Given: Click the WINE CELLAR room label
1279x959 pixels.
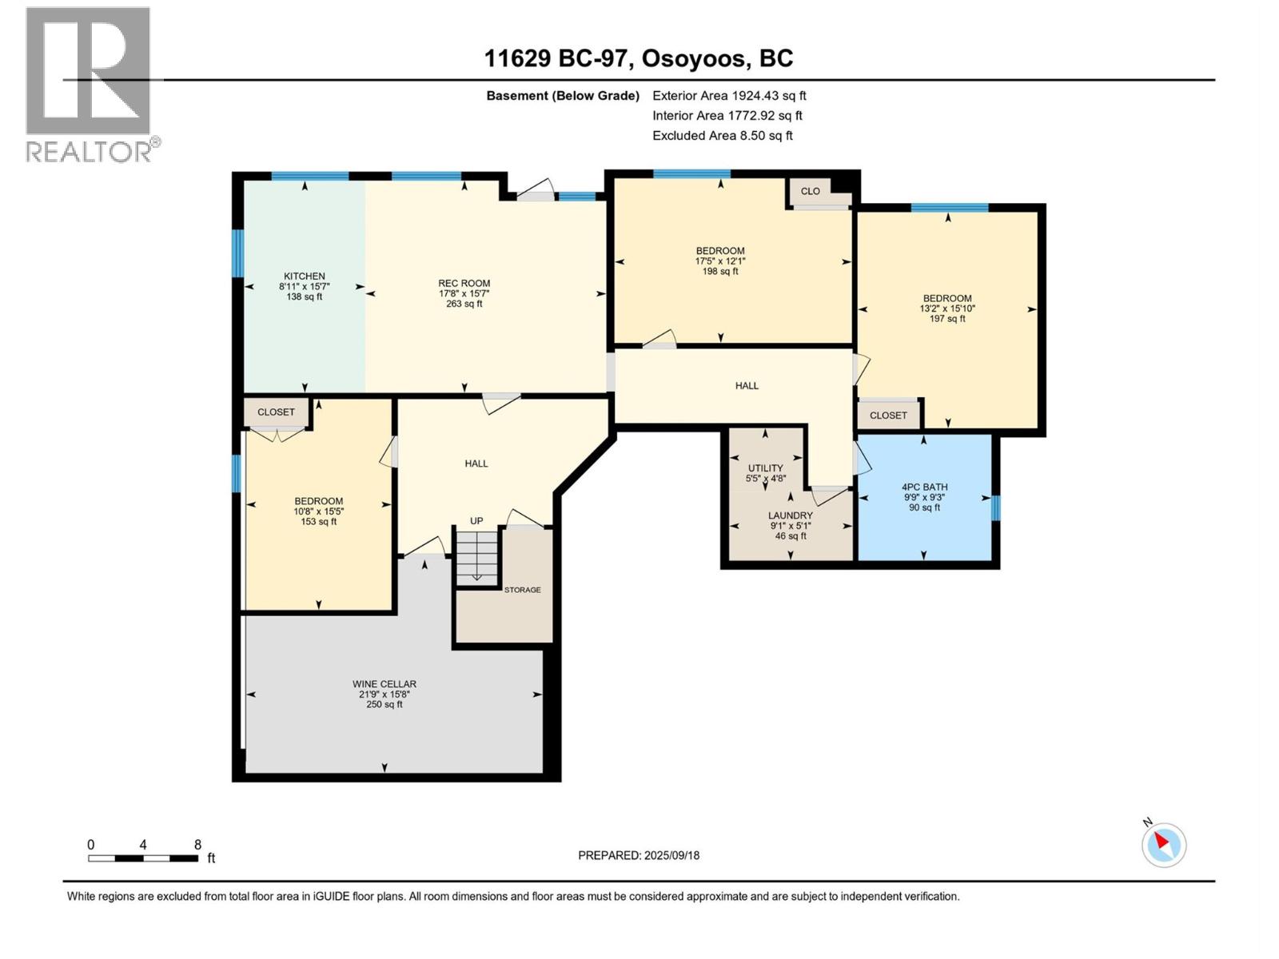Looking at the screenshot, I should (384, 684).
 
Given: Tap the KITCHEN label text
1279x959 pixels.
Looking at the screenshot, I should (304, 277).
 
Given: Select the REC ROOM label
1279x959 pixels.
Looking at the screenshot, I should (464, 283).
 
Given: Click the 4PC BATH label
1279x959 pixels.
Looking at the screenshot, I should (924, 487).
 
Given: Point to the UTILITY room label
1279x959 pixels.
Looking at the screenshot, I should (765, 468).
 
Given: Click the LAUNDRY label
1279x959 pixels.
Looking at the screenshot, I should (790, 515).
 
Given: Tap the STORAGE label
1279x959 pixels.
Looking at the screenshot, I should (522, 590).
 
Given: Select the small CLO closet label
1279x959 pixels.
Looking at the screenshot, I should (810, 191).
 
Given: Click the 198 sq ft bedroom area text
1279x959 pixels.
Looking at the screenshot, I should (719, 272).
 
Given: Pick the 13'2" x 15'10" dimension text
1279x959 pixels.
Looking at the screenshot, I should (947, 308).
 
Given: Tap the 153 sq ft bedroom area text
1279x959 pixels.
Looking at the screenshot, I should (318, 522).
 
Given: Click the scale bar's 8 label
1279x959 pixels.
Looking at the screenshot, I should (197, 845).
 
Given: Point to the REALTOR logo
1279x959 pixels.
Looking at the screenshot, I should (90, 84).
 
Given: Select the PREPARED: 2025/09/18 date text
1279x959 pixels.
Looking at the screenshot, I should (638, 855).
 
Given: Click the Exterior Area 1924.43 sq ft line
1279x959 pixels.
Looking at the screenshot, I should (729, 95).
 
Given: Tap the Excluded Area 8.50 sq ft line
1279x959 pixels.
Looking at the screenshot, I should (722, 135).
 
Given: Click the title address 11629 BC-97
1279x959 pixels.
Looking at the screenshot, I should (559, 58).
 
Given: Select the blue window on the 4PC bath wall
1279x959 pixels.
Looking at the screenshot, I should (995, 507).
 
